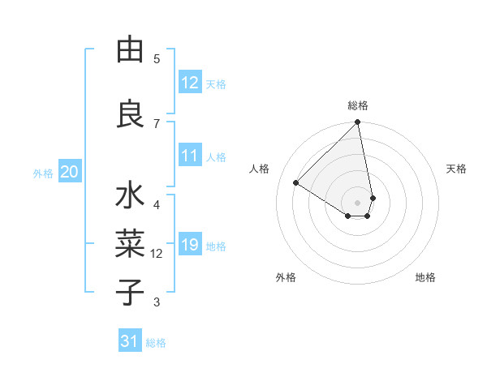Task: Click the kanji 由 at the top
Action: [130, 50]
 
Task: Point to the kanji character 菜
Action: [130, 243]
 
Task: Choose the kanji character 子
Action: [130, 291]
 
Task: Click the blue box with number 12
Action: [190, 82]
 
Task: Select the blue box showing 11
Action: [190, 156]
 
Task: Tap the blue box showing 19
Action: [190, 245]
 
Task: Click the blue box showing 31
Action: [130, 341]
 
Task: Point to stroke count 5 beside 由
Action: [157, 58]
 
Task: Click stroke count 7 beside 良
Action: [157, 122]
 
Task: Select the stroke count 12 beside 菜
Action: [157, 254]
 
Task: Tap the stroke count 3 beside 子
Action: [157, 302]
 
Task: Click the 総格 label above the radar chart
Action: [358, 105]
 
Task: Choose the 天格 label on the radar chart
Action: [456, 169]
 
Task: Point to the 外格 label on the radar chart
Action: [286, 277]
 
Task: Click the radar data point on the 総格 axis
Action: [357, 123]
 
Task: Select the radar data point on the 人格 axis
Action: [296, 182]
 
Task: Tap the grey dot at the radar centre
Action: [357, 202]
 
